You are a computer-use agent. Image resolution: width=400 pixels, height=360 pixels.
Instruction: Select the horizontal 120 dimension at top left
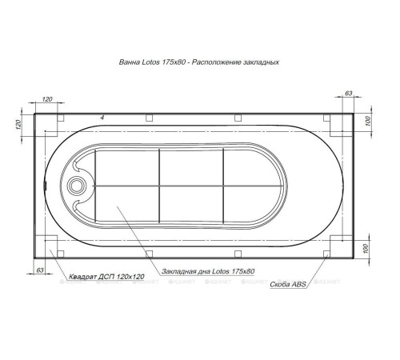46,100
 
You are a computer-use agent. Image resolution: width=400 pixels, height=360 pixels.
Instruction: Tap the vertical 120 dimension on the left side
17,124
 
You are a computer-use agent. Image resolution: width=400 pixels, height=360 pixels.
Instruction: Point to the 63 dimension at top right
348,94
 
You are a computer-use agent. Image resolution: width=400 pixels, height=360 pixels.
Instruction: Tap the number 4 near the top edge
102,118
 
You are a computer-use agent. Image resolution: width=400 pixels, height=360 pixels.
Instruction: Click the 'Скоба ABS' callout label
286,283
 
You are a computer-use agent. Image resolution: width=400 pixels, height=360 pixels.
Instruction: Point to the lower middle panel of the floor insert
190,204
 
